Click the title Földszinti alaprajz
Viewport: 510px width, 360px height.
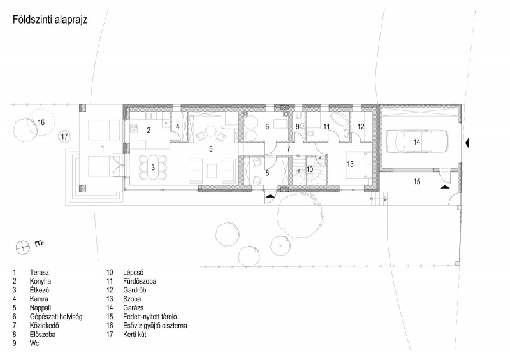tap(50, 20)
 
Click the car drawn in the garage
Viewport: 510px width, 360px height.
tap(417, 141)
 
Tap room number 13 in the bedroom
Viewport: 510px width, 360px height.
tap(350, 164)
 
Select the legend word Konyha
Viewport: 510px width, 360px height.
tap(40, 281)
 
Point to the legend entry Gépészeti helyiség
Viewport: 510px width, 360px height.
tap(56, 317)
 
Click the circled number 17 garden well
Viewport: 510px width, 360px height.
tap(64, 136)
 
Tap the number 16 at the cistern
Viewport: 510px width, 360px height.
tap(41, 122)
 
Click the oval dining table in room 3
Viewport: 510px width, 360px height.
tap(153, 168)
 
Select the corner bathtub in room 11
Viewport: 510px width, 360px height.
tap(339, 119)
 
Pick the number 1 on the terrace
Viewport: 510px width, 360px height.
tap(103, 148)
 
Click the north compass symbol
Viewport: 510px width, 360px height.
tap(23, 247)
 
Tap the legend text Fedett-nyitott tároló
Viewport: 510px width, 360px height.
tap(150, 317)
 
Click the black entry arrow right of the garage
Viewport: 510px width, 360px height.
tap(467, 142)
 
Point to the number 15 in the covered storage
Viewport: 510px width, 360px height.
tap(417, 182)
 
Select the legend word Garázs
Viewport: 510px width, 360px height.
tap(133, 308)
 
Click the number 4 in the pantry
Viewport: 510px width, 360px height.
tap(178, 126)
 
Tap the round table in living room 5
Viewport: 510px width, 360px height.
tap(210, 132)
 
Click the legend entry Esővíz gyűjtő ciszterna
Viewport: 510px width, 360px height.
tap(155, 326)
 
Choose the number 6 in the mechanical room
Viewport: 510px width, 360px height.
tap(267, 127)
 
